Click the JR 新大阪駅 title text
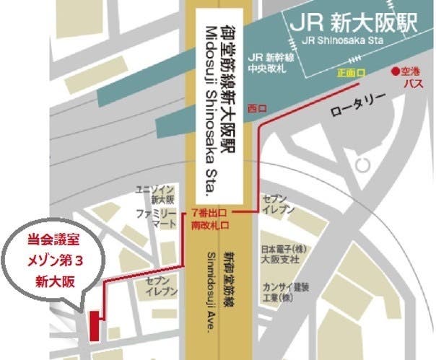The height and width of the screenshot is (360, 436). click(x=354, y=22)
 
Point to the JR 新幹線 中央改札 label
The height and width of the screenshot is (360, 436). click(x=269, y=63)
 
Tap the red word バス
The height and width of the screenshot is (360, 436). click(x=412, y=84)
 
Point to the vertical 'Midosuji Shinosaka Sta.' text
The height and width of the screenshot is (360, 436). click(x=202, y=108)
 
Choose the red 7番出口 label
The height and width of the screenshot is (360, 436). click(x=210, y=214)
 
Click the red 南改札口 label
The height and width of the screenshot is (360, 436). click(x=211, y=226)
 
